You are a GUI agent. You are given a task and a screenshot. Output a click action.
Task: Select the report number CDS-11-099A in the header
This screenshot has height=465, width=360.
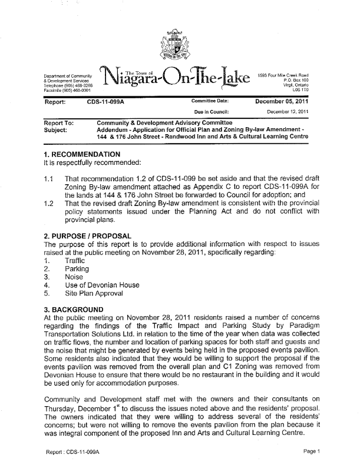(x=105, y=101)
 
